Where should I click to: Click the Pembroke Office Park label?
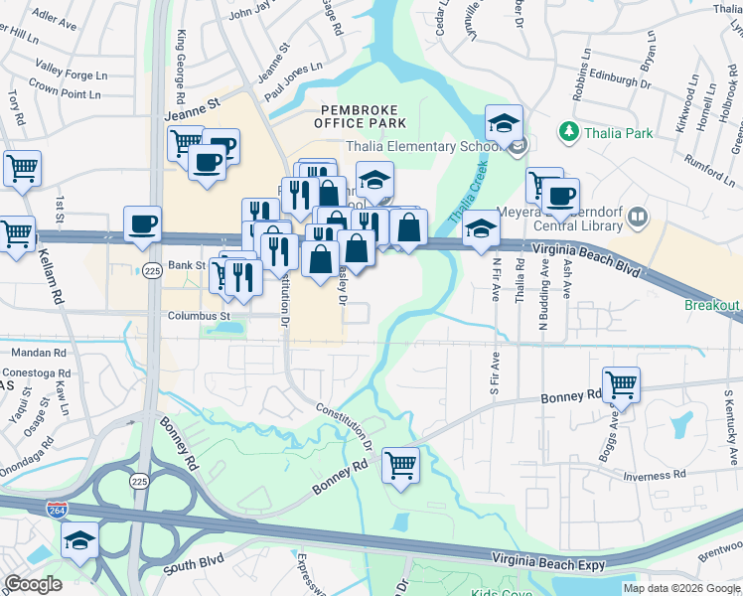click(x=360, y=115)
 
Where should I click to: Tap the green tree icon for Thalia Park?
click(x=569, y=131)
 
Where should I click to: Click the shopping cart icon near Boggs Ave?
click(x=621, y=383)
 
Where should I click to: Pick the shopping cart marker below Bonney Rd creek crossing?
click(x=400, y=464)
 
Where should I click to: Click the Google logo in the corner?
click(x=34, y=584)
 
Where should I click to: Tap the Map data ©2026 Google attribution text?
click(x=681, y=588)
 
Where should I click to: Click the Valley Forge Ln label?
click(x=71, y=69)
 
